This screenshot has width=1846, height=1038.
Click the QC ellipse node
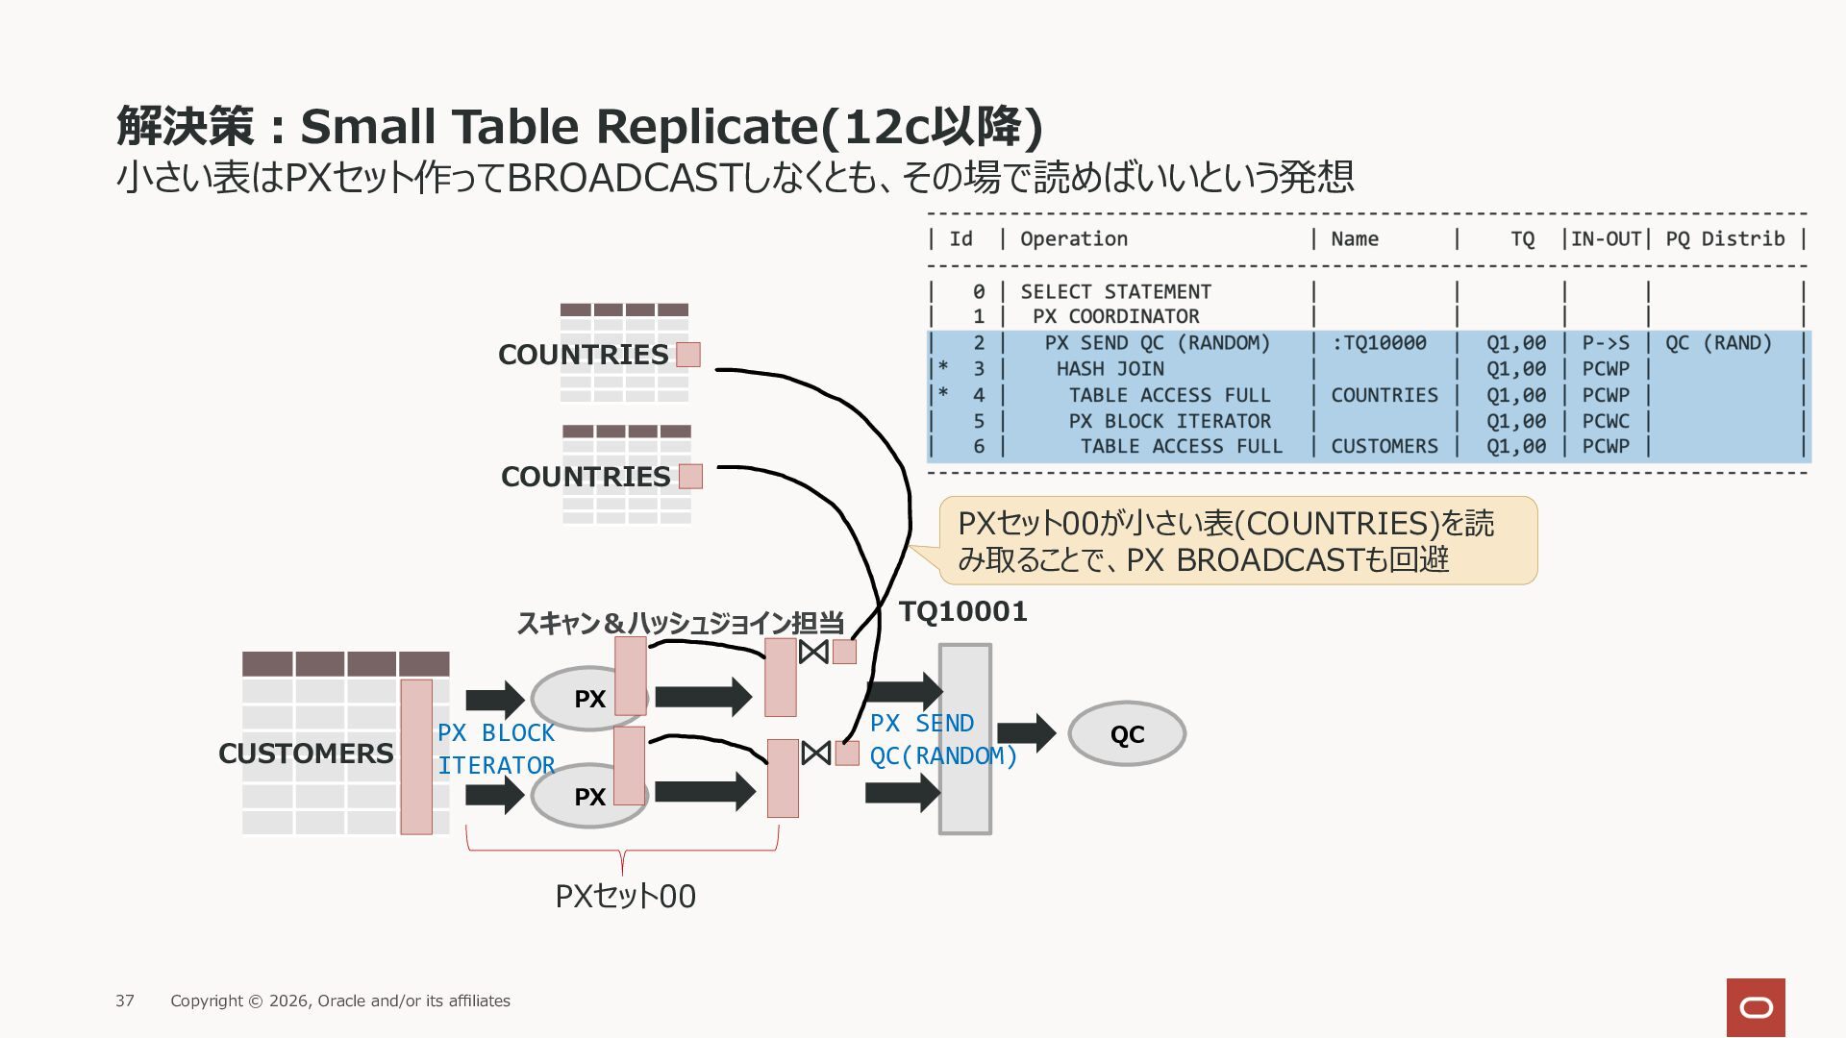click(x=1127, y=734)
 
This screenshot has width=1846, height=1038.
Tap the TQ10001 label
click(x=963, y=611)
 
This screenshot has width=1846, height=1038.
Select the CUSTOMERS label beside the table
click(x=306, y=754)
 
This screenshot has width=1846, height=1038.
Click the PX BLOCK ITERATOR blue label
click(x=496, y=749)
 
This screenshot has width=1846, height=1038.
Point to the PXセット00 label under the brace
click(x=625, y=896)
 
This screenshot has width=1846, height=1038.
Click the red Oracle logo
click(x=1756, y=1007)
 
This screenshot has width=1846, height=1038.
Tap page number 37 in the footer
click(x=125, y=1001)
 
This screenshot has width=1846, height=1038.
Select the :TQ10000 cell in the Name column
click(x=1379, y=343)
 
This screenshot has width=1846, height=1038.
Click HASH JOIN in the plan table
click(x=1110, y=369)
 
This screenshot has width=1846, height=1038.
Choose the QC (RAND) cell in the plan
click(x=1719, y=343)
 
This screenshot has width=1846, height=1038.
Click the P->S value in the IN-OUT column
click(x=1606, y=343)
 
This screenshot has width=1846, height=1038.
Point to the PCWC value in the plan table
click(x=1606, y=421)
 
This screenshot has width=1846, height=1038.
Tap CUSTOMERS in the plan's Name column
click(x=1384, y=447)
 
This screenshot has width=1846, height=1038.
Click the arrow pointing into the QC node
click(x=1027, y=733)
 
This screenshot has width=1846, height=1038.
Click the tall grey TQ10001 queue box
click(x=965, y=739)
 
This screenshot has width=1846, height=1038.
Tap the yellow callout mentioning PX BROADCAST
click(x=1237, y=540)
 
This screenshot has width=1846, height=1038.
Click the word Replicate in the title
click(x=716, y=127)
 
